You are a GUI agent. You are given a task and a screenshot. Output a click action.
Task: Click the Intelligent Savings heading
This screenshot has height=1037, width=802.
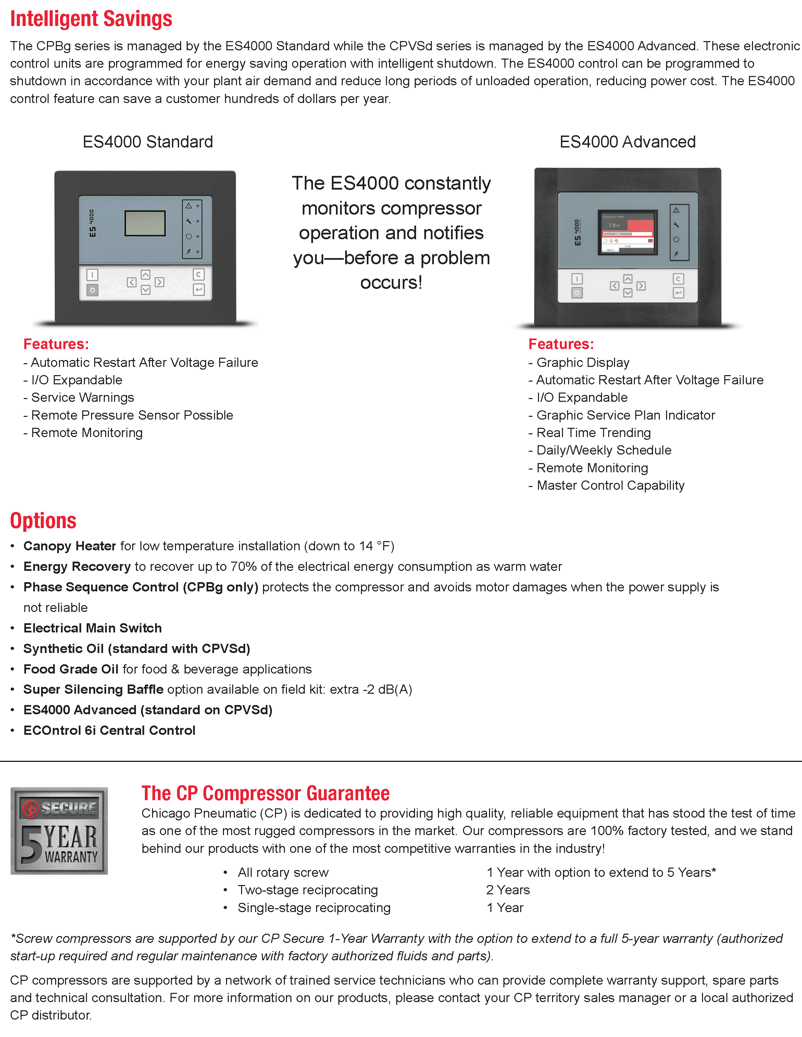tap(91, 19)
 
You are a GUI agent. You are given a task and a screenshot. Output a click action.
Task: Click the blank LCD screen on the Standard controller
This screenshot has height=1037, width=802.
tap(145, 223)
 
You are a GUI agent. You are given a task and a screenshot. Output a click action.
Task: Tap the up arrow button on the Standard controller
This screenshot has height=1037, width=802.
tap(146, 275)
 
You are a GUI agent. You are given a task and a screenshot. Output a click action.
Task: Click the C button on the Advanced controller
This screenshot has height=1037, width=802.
tap(678, 279)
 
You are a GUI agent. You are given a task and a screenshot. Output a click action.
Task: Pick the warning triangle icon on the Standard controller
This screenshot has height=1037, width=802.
tap(189, 206)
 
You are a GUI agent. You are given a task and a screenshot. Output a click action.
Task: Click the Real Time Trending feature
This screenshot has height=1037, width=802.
tap(593, 433)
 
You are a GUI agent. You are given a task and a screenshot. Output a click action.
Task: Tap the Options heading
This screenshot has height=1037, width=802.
tap(43, 521)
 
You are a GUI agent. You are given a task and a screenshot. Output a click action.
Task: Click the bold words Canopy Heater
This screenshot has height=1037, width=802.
tap(70, 546)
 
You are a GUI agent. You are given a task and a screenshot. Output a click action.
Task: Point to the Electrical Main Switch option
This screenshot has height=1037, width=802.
tap(93, 628)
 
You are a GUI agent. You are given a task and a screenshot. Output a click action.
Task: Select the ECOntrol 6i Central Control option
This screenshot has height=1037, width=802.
tap(109, 730)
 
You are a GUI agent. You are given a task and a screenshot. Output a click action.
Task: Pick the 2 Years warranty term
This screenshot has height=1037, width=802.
tap(508, 890)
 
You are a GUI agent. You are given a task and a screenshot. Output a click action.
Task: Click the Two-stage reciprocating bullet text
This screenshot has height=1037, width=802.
tap(308, 890)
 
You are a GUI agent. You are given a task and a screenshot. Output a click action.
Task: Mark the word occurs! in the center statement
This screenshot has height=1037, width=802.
tap(391, 282)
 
